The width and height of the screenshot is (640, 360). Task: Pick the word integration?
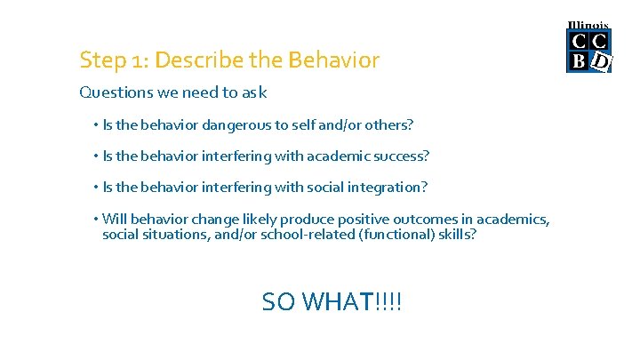point(386,187)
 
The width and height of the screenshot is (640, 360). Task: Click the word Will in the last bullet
point(114,219)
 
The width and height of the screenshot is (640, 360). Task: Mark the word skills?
point(457,235)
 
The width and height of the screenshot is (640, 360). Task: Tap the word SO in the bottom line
point(279,302)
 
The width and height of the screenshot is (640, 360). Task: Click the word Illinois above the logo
point(588,25)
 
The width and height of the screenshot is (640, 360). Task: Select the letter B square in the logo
point(579,61)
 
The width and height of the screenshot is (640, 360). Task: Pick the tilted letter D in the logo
point(601,61)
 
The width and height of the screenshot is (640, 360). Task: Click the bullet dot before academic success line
point(96,156)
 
